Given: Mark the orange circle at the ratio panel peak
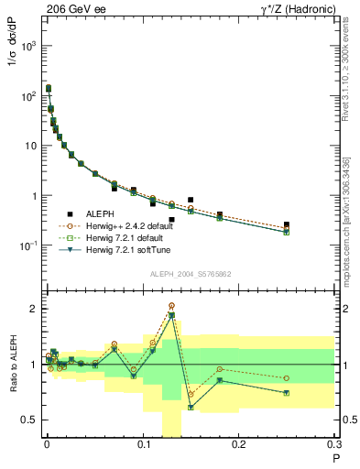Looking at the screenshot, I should pos(171,306).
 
